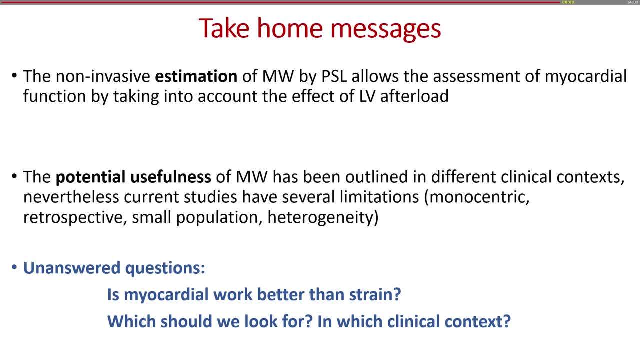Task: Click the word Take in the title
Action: coord(224,28)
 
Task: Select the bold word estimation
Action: coord(196,76)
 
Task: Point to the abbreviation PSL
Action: coord(334,76)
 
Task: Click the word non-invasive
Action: coord(103,76)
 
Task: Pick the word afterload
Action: coord(414,96)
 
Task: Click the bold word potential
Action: coord(90,177)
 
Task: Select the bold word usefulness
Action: coord(171,177)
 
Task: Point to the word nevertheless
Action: coord(71,197)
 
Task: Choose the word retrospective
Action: coord(75,217)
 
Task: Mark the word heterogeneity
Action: coord(323,218)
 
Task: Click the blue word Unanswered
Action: coord(72,268)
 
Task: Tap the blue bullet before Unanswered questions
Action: coord(14,267)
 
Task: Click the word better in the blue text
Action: coord(281,294)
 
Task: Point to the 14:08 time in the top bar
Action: coord(632,2)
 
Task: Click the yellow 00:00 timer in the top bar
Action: coord(568,2)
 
